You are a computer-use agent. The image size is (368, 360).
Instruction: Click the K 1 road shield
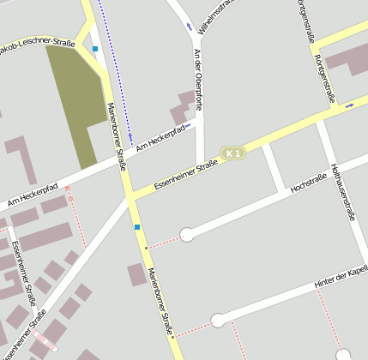[232, 153]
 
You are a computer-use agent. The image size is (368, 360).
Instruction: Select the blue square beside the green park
[95, 49]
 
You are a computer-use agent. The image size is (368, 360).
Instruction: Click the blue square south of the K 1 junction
[137, 227]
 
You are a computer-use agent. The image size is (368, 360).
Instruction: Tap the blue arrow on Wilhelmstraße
[190, 27]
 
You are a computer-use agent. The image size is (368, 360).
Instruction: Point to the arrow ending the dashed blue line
[130, 135]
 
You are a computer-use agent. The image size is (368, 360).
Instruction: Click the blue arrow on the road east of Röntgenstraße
[349, 106]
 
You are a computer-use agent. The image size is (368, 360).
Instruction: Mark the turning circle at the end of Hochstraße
[187, 234]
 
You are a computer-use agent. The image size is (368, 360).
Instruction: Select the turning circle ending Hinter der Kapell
[218, 321]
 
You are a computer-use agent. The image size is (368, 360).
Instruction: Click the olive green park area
[75, 99]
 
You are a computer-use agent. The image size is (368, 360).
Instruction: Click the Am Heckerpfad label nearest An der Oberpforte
[160, 135]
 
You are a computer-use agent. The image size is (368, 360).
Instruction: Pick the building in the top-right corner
[347, 57]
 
